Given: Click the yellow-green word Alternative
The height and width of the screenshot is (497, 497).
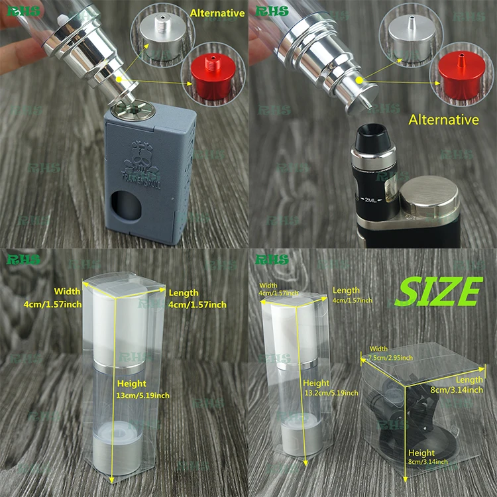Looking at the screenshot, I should point(217,13).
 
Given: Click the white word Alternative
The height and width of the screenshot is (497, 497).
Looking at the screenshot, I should point(443,120).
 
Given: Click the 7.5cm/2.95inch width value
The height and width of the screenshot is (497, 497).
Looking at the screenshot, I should point(391,358).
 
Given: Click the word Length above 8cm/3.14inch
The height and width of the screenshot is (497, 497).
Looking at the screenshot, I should point(469,380).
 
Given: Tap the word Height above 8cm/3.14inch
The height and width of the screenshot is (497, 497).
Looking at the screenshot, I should point(421,453).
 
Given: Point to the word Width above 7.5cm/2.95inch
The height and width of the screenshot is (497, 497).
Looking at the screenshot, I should point(378,349).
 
